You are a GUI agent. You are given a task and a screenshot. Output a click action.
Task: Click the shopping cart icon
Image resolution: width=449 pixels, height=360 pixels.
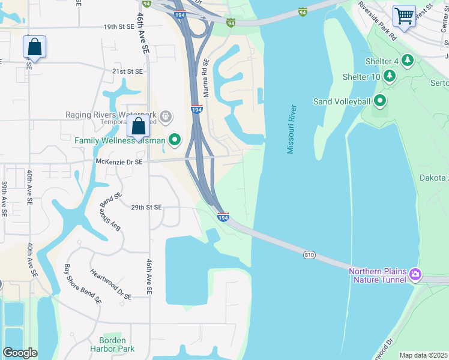pos(404,16)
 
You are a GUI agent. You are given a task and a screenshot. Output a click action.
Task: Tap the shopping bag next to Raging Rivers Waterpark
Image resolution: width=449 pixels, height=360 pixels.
pos(138,126)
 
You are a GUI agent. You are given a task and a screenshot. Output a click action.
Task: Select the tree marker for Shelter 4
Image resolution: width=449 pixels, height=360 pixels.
pos(408,61)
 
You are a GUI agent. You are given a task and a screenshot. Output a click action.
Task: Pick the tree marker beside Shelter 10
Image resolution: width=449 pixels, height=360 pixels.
pos(390,76)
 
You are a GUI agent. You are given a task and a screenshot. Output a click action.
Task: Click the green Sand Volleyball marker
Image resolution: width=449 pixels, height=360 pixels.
pos(379,101)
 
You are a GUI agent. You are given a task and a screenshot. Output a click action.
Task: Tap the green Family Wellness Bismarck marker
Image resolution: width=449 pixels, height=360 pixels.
pos(175,140)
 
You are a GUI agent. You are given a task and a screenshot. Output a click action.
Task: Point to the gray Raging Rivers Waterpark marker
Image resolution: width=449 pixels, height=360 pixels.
pos(166,115)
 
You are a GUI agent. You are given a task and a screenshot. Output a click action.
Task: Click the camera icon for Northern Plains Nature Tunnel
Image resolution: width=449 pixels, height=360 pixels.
pos(415,275)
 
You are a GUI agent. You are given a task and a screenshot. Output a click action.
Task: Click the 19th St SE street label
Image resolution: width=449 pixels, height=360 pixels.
pos(119,27)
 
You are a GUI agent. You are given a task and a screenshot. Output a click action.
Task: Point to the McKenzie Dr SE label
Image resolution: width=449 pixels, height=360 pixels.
pos(119,162)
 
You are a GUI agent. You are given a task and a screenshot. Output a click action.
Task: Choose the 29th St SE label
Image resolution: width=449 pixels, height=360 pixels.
pos(146,207)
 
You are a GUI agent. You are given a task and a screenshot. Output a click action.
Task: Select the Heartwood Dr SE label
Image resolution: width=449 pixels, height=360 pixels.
pos(110,284)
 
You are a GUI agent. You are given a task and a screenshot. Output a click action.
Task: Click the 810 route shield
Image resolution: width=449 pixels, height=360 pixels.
pos(309,255)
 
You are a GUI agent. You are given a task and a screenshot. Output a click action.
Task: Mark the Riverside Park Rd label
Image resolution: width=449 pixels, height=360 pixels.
pos(378,20)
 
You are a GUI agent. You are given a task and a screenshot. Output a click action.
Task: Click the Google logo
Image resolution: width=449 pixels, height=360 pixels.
pos(20,353)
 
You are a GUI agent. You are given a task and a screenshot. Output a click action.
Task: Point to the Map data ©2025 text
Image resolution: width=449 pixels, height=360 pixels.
pos(424,355)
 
